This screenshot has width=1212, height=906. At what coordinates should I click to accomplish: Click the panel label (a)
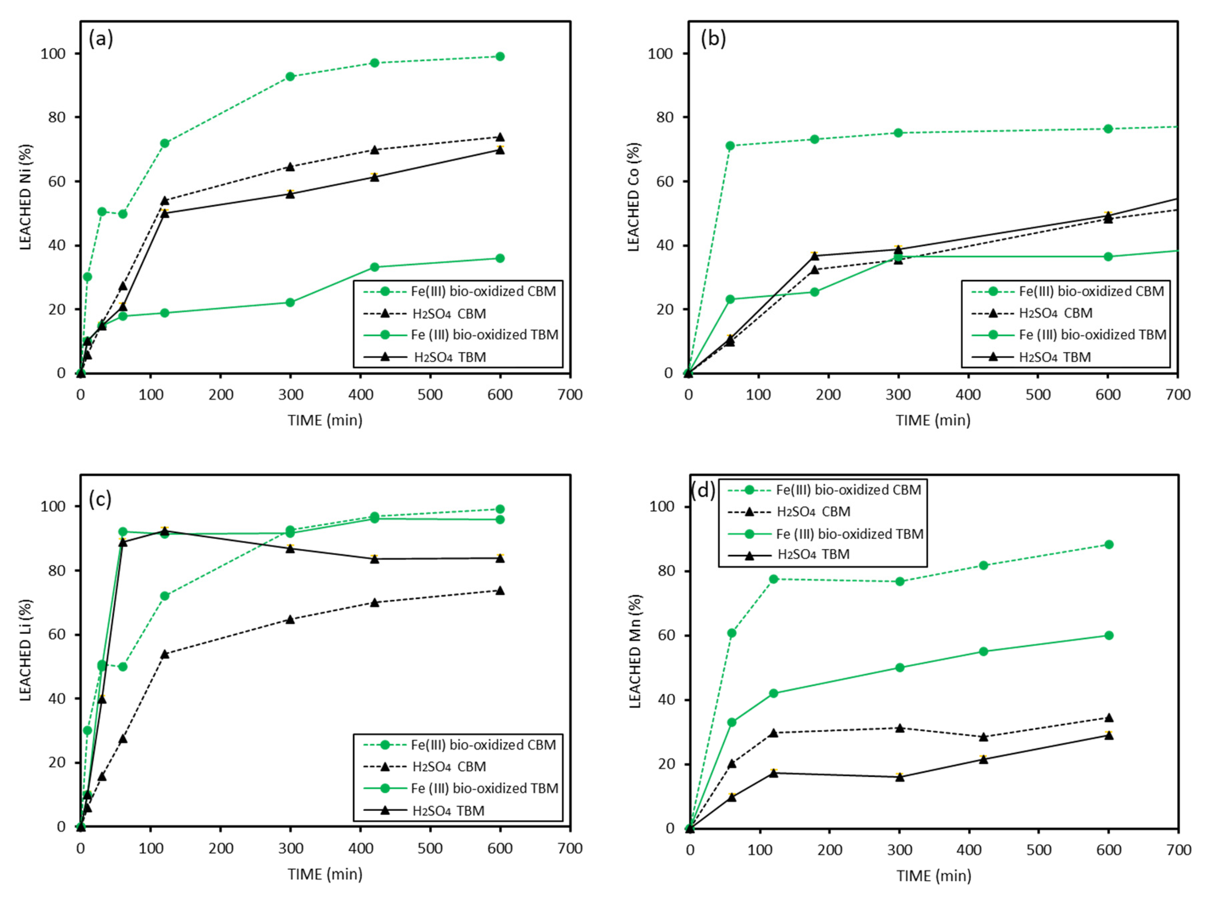click(101, 39)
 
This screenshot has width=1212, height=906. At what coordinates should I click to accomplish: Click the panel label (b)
click(713, 39)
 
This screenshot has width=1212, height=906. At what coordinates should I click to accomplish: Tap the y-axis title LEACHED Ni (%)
click(26, 197)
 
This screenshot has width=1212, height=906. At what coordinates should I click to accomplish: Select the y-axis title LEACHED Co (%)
click(634, 197)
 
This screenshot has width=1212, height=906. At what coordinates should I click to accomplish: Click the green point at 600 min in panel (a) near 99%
click(500, 56)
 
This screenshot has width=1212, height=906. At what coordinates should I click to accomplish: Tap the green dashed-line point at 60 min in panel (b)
click(730, 146)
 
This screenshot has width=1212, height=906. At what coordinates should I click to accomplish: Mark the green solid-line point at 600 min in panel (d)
click(1108, 635)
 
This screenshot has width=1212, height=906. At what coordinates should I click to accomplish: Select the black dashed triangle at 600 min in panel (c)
click(500, 591)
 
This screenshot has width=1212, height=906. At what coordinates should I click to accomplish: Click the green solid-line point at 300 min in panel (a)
click(290, 302)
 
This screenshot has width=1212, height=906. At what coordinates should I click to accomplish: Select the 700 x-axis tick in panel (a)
click(570, 394)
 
